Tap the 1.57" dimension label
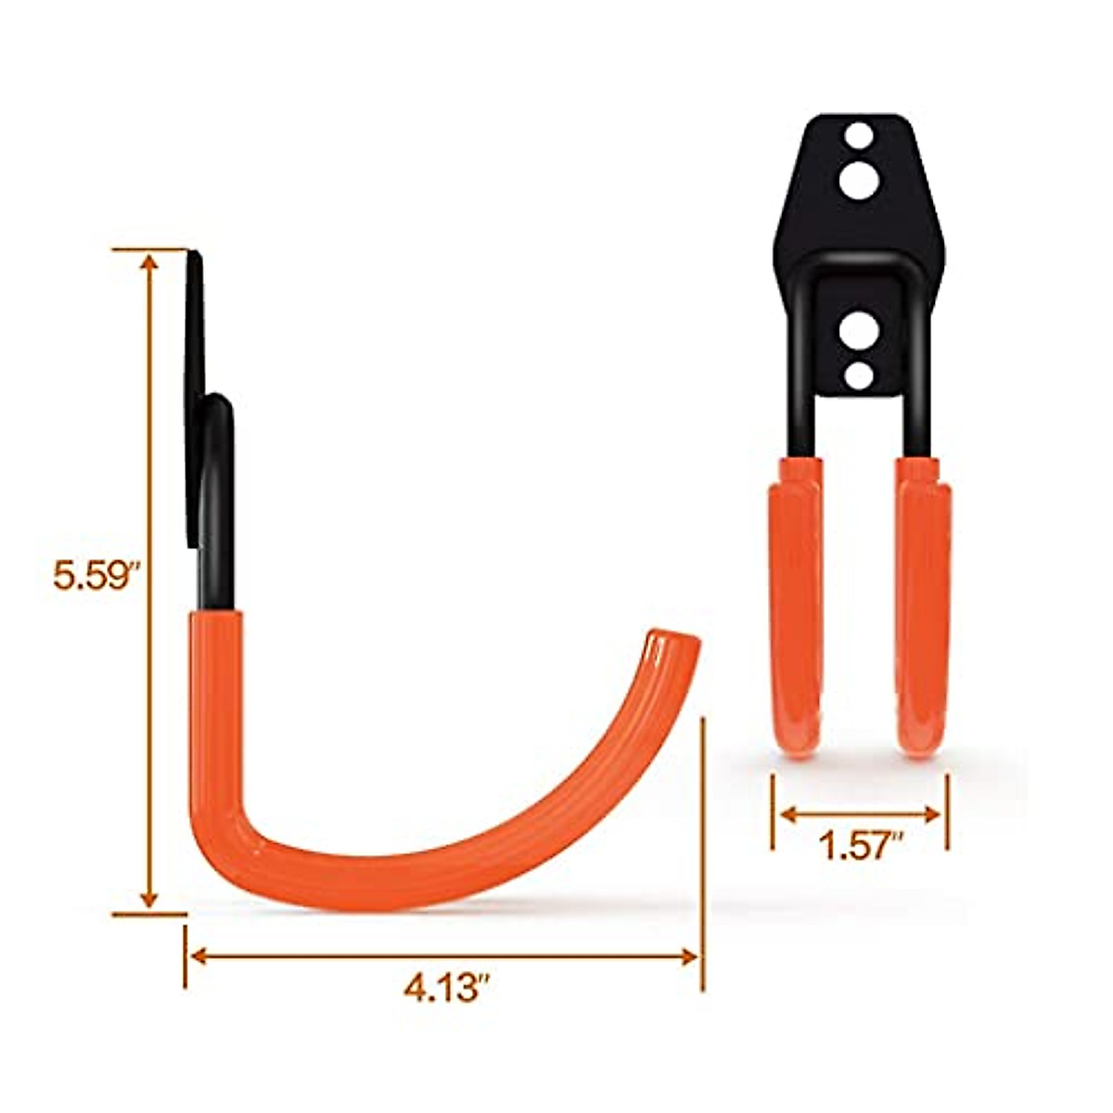861,846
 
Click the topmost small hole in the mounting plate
859,136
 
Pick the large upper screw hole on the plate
859,178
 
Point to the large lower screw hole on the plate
859,331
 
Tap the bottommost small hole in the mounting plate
859,375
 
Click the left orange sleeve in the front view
795,608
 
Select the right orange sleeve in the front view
923,608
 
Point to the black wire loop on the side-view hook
219,482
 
